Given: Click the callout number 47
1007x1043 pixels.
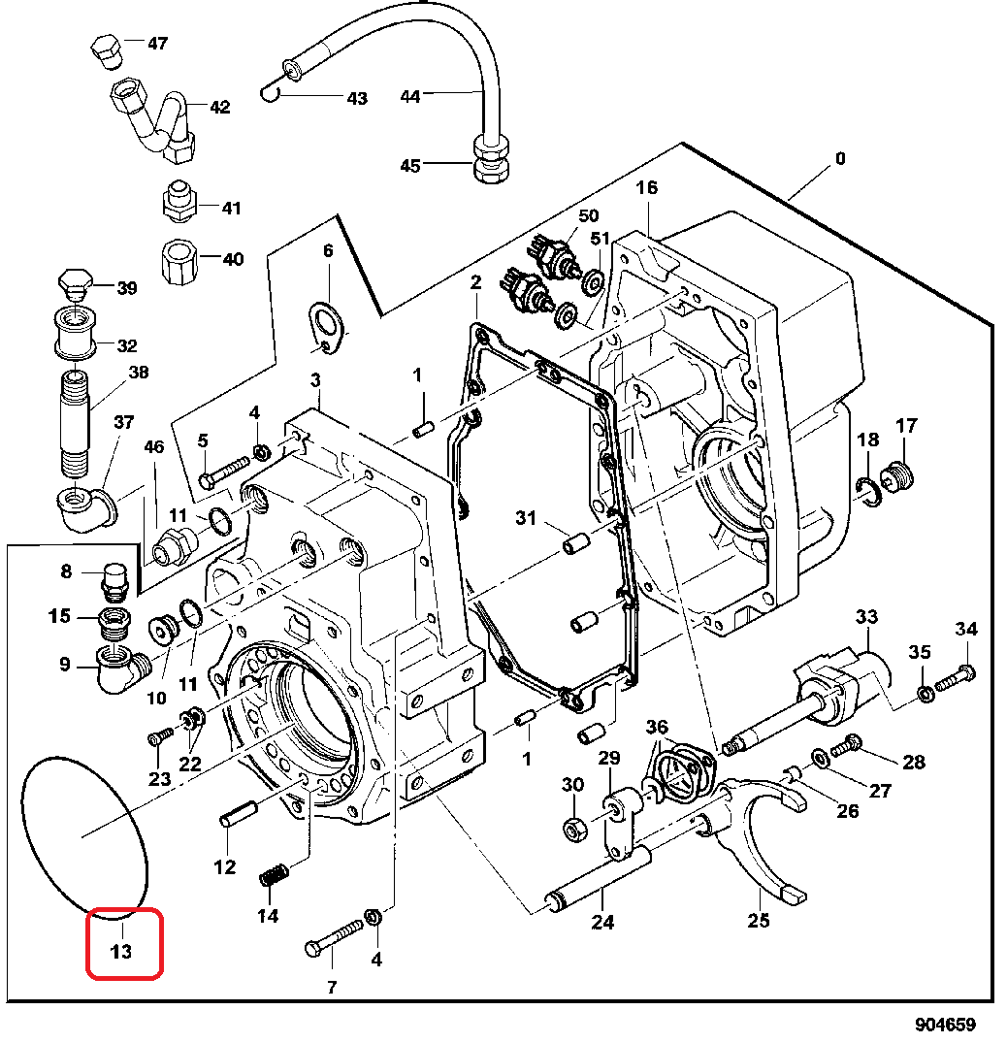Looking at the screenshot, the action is [157, 44].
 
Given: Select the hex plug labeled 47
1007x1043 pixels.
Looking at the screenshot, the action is [107, 51].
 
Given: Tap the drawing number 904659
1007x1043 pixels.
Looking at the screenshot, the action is [945, 1025].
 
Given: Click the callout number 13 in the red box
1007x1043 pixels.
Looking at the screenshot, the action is [121, 952].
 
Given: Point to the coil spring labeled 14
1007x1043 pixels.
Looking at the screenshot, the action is [274, 875].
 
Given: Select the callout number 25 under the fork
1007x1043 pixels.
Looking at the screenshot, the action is [759, 921].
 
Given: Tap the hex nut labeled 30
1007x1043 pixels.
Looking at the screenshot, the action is [572, 829].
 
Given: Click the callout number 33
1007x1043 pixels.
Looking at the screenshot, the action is [866, 617].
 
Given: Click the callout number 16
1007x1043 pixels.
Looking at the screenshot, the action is [646, 187].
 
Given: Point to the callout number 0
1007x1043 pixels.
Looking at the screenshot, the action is [840, 158].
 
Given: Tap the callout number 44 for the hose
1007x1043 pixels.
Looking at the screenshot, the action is [410, 96].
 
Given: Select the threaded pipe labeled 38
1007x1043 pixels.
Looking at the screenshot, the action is [75, 424].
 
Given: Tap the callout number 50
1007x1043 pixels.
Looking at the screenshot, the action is [588, 215].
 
